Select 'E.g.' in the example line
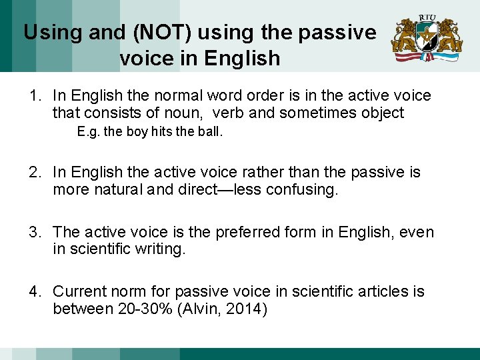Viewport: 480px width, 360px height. (87, 132)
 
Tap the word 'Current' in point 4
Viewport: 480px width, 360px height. (80, 292)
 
